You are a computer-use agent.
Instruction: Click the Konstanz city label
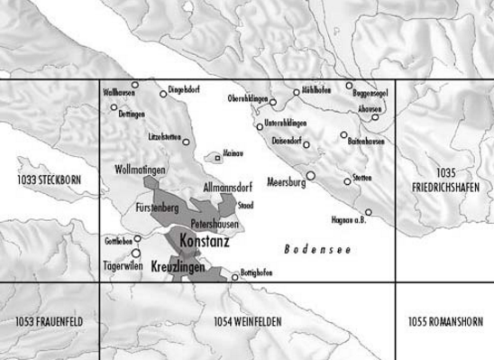[x=204, y=242]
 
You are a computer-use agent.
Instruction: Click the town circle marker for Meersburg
[x=310, y=175]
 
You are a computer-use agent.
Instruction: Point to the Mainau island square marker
[x=217, y=158]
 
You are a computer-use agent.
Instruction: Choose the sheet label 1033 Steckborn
[x=48, y=180]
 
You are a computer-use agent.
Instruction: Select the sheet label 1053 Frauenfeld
[x=49, y=321]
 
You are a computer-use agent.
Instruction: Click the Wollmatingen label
[x=142, y=170]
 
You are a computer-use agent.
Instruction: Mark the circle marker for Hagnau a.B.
[x=368, y=212]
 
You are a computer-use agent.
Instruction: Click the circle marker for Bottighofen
[x=234, y=277]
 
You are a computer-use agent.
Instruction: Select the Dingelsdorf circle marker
[x=163, y=93]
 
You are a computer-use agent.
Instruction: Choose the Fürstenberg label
[x=159, y=208]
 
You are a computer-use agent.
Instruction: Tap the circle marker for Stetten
[x=347, y=180]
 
